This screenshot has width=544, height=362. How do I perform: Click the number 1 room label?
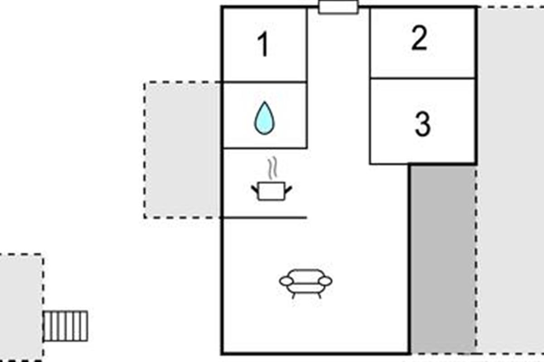coord(263,45)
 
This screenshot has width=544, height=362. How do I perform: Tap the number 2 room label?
coord(419,39)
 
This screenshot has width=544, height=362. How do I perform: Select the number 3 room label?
coord(423,124)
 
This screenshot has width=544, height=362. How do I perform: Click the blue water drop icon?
coord(264,119)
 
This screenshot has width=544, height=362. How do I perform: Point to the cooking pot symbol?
coord(271,190)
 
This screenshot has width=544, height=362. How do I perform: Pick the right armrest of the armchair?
coord(325,281)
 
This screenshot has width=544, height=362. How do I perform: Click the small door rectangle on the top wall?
coord(338,7)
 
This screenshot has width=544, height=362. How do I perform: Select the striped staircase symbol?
coord(65,326)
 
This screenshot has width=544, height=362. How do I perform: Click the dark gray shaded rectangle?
coord(442,258)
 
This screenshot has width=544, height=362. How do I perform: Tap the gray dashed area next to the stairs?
coord(20,308)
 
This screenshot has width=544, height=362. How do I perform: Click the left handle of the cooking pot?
coord(255,188)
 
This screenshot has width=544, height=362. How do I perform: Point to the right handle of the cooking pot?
coord(288,188)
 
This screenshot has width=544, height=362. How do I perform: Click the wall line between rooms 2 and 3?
coord(423,78)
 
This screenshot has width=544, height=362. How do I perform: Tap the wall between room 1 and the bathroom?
coord(264,82)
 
